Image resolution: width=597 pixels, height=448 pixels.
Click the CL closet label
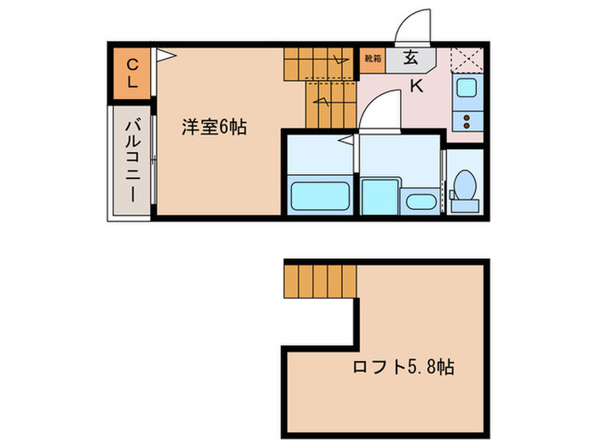(x=132, y=72)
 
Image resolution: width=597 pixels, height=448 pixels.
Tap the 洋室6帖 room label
(x=213, y=128)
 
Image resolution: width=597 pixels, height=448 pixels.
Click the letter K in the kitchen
(x=416, y=85)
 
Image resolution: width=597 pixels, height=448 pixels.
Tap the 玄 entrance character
(x=411, y=59)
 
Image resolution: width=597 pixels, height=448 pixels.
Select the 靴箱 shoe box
(x=372, y=59)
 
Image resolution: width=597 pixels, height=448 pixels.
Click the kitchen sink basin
(x=468, y=87)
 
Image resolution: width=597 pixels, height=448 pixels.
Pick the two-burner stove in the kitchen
(x=468, y=119)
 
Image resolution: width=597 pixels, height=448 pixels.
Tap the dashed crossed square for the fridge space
(x=468, y=59)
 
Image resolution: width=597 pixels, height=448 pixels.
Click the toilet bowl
(x=466, y=183)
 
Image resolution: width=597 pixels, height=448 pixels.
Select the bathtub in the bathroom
(x=322, y=197)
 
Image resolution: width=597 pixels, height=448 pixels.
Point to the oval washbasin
(x=420, y=202)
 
